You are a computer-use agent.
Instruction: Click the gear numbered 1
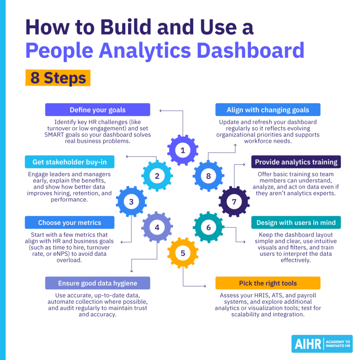182,150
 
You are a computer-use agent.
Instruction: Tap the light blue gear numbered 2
157,176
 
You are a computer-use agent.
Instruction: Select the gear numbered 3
131,202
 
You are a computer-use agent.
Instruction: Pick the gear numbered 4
157,227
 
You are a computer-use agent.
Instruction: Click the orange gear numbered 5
182,253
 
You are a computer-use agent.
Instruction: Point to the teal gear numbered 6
208,227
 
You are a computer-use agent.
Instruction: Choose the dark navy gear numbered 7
234,202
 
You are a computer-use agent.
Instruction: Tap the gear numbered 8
208,176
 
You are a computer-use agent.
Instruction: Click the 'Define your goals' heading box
97,110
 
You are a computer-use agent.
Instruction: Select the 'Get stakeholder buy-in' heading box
69,162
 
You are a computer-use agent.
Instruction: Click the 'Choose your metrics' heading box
69,223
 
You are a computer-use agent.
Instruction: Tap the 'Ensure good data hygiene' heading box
97,283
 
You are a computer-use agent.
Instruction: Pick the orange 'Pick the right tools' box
268,283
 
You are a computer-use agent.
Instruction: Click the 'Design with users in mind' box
296,223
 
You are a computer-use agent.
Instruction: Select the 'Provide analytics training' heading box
296,162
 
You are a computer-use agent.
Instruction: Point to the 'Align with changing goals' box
268,110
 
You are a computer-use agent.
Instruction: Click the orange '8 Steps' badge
58,78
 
